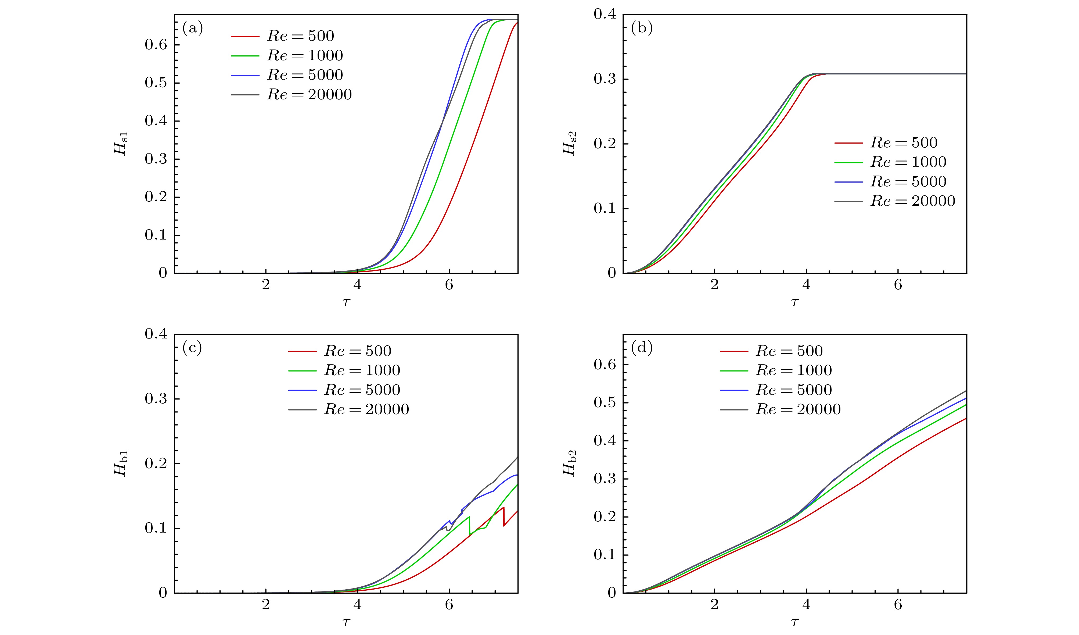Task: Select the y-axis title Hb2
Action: (x=570, y=463)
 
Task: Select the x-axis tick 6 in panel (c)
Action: (x=449, y=605)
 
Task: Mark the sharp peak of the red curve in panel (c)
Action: (x=503, y=507)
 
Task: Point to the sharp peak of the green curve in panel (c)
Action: (x=469, y=517)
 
